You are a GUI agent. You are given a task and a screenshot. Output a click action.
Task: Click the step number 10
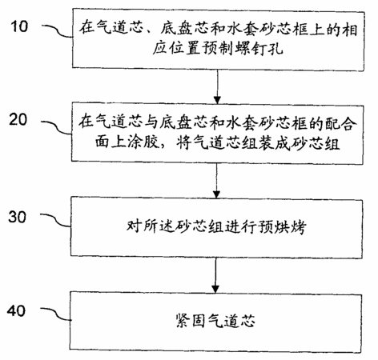19,26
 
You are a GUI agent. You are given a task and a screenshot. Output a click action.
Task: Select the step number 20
18,119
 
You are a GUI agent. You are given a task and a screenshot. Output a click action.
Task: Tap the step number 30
18,217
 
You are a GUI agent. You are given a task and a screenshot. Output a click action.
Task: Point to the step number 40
17,310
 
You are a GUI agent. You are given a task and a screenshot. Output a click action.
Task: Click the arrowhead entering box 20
217,100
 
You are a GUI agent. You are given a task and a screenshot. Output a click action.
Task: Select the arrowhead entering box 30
216,194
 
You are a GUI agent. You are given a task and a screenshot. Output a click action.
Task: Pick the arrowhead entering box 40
215,289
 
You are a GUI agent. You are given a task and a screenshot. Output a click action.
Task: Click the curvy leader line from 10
58,31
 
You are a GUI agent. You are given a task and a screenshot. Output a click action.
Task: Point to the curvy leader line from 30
55,220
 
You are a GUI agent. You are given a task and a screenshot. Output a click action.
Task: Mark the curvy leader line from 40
55,314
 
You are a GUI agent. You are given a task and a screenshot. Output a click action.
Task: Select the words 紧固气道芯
215,321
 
